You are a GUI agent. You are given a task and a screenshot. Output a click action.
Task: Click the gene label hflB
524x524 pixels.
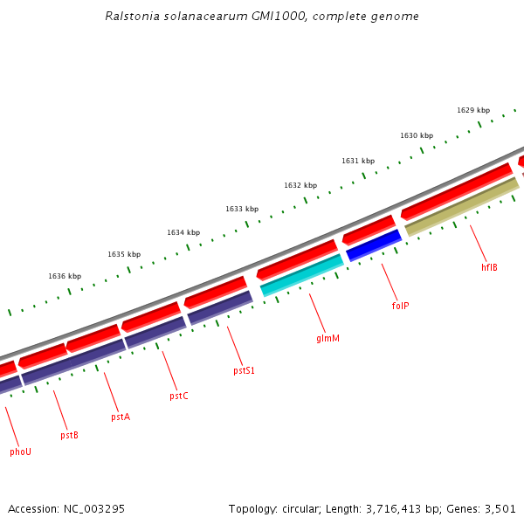pyautogui.click(x=489, y=267)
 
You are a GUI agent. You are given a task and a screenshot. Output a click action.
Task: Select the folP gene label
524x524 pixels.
pyautogui.click(x=400, y=306)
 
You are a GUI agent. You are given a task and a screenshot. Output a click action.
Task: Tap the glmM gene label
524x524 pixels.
pyautogui.click(x=327, y=337)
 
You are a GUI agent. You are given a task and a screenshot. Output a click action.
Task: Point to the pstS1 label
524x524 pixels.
pyautogui.click(x=244, y=370)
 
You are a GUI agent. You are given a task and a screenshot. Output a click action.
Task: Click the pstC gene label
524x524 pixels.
pyautogui.click(x=178, y=396)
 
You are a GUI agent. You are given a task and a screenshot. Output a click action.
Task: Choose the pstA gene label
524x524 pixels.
pyautogui.click(x=120, y=417)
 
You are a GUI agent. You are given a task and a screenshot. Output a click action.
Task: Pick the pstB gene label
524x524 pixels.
pyautogui.click(x=69, y=434)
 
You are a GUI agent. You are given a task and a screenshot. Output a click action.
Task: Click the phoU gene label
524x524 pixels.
pyautogui.click(x=20, y=452)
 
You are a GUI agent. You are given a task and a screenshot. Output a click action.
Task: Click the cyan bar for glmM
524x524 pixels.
pyautogui.click(x=301, y=275)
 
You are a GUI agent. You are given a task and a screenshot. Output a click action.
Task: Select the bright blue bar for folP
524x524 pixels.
pyautogui.click(x=374, y=245)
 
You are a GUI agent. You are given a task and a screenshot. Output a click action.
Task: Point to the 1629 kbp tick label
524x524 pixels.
pyautogui.click(x=473, y=110)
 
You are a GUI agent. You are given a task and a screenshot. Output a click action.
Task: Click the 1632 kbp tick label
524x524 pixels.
pyautogui.click(x=300, y=185)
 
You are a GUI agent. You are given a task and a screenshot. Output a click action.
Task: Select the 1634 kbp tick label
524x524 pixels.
pyautogui.click(x=183, y=232)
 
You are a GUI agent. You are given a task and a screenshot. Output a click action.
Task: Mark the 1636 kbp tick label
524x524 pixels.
pyautogui.click(x=65, y=276)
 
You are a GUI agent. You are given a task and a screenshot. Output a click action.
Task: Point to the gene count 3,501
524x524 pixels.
pyautogui.click(x=500, y=508)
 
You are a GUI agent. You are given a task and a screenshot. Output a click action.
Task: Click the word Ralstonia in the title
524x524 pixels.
pyautogui.click(x=130, y=16)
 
